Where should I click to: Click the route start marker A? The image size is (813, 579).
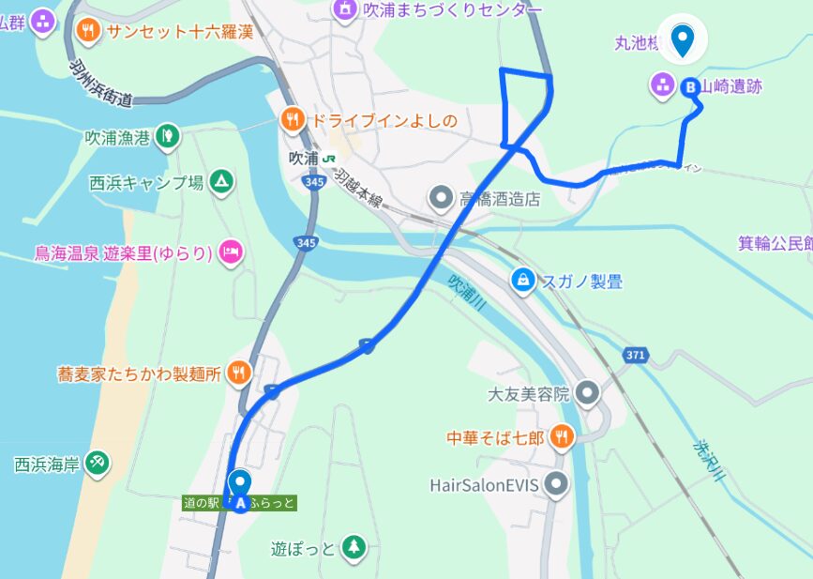[x=240, y=504]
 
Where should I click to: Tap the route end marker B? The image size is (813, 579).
[x=691, y=86]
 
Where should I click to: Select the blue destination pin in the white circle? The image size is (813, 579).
[x=683, y=40]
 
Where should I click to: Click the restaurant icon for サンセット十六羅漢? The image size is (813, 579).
[x=87, y=31]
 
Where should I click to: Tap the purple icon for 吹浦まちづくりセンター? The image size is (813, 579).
[x=345, y=10]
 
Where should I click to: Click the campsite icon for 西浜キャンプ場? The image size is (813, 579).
[x=221, y=181]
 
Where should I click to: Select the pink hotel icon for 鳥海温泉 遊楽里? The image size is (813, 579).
[x=231, y=252]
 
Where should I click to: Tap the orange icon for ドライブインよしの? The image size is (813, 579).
[x=293, y=119]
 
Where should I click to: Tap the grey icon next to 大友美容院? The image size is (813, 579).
[x=588, y=393]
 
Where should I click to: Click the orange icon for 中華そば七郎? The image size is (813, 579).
[x=562, y=436]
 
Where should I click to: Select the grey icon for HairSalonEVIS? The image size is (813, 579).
[x=558, y=485]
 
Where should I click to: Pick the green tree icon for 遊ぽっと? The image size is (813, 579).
[x=354, y=547]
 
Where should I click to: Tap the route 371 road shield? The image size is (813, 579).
[x=635, y=354]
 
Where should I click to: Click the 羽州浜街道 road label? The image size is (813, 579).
[x=100, y=84]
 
